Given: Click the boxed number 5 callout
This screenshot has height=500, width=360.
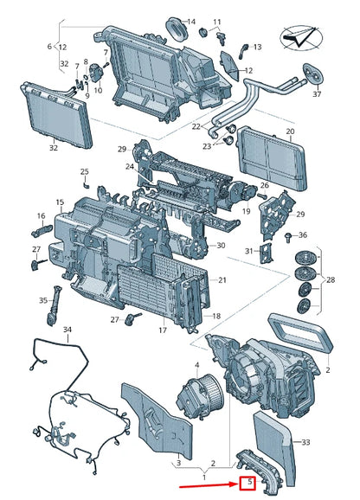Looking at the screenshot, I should point(247,483).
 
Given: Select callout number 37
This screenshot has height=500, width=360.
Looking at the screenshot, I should point(317,93).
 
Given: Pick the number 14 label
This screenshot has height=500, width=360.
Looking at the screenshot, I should point(191,22).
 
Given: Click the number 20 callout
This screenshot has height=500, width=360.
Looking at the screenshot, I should point(290,131).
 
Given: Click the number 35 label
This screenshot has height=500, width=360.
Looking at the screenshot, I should point(43,300).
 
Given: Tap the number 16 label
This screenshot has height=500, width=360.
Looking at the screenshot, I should point(41,216).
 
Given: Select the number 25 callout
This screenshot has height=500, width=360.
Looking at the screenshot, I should point(85,171).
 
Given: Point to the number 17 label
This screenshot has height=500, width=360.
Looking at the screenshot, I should point(162,330).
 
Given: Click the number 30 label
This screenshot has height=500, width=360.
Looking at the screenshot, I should point(221,246).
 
